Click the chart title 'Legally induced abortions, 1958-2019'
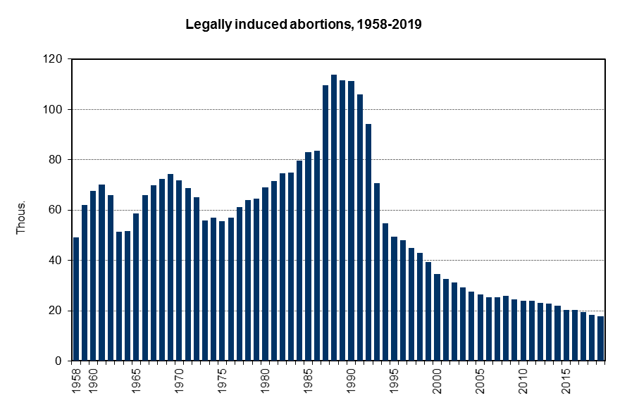click(303, 25)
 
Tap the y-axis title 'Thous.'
click(21, 218)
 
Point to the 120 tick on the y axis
click(54, 59)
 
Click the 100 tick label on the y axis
click(54, 110)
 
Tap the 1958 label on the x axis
click(76, 380)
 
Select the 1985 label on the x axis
click(308, 380)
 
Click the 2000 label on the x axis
click(437, 380)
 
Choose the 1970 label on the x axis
click(179, 380)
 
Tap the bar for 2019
click(600, 338)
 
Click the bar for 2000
click(437, 317)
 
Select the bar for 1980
click(265, 274)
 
